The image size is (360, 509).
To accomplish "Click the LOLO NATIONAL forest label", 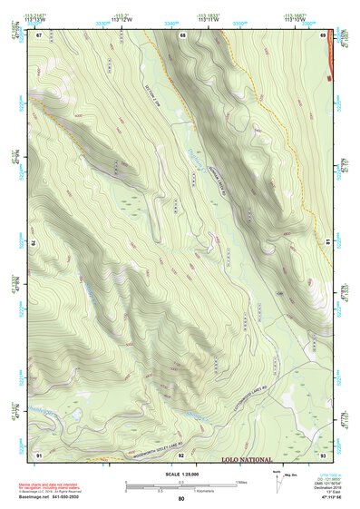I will (258, 460).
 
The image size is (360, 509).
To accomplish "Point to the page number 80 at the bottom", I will (180, 499).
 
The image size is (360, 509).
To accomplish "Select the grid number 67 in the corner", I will (39, 35).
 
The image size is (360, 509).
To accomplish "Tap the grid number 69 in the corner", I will (323, 35).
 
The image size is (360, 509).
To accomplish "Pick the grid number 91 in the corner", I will (39, 454).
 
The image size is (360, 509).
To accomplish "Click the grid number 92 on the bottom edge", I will (181, 454).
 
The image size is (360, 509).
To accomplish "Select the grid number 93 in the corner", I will (323, 454).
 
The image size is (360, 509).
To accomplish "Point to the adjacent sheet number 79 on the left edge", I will (34, 244).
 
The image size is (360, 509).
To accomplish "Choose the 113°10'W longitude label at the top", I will (296, 19).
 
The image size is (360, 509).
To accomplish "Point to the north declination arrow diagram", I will (276, 481).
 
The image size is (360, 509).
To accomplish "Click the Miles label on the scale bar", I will (239, 481).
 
